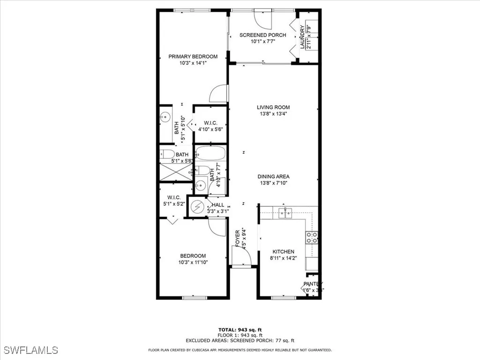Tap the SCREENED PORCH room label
point(262,35)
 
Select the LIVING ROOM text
point(273,107)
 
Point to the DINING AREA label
point(273,177)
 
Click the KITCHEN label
point(283,252)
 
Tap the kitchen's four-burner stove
point(312,238)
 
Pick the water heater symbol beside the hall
point(198,207)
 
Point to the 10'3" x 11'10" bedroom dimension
point(193,262)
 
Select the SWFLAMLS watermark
point(30,350)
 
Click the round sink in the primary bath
point(165,117)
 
